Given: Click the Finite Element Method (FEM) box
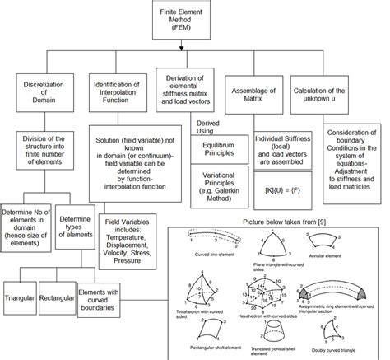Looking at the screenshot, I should [x=195, y=18].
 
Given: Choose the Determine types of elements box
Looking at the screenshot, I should [x=76, y=239].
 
